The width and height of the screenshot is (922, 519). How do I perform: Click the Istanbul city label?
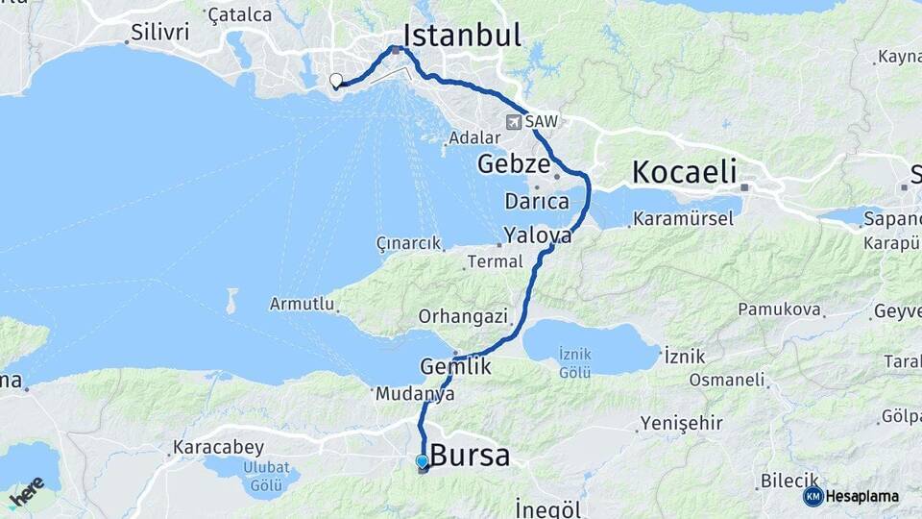point(462,36)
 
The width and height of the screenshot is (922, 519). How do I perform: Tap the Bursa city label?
point(470,455)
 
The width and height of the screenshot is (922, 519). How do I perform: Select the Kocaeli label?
point(684,173)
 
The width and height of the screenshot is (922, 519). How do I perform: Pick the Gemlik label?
point(455,366)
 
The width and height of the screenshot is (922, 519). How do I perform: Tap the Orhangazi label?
point(453,316)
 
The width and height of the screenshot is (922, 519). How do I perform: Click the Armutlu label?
point(302,304)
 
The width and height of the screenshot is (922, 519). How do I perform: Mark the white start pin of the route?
point(335,81)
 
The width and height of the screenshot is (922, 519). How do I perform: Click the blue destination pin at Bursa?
point(422,461)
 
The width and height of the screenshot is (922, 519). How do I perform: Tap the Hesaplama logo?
point(852,496)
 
